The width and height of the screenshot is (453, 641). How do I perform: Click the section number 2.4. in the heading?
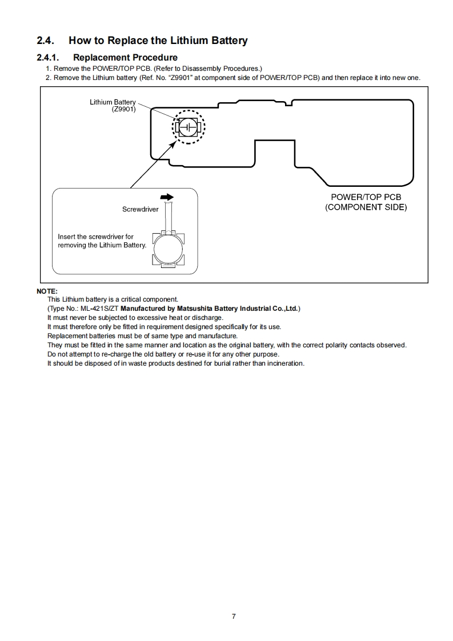(x=46, y=41)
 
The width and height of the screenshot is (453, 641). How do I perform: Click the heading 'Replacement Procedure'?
(x=125, y=58)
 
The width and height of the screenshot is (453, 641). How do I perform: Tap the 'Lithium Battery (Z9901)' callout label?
(x=113, y=106)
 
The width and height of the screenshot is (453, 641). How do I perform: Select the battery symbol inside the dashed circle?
(x=189, y=126)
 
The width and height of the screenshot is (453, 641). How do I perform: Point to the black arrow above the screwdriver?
(x=167, y=197)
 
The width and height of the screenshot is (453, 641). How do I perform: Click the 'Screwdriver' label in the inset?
(x=140, y=210)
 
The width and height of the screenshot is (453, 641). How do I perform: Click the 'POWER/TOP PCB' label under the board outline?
(x=366, y=197)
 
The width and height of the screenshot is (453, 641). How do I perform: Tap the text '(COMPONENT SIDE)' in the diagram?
(x=366, y=207)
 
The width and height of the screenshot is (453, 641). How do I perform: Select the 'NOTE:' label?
(x=47, y=291)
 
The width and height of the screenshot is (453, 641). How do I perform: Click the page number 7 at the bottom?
(x=234, y=616)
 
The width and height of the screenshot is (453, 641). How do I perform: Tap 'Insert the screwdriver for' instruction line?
(x=95, y=237)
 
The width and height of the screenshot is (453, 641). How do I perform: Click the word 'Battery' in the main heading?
(x=227, y=41)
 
